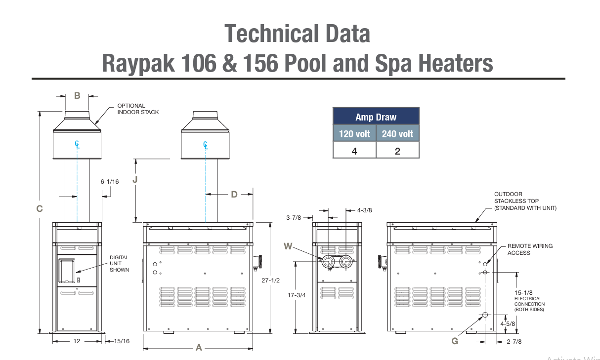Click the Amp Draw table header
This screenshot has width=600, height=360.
pos(376,117)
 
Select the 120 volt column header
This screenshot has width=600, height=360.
pos(354,133)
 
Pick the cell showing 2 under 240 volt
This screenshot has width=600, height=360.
pos(397,151)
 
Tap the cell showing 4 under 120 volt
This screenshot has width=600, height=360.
pos(354,151)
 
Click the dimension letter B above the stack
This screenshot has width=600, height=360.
pos(77,95)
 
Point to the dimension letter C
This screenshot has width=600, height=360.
pos(40,208)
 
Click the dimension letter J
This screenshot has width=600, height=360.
pos(135,180)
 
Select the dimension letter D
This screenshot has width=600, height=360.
pos(234,194)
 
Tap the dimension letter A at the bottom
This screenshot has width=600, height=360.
pos(199,348)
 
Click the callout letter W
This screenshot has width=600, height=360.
pos(288,246)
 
